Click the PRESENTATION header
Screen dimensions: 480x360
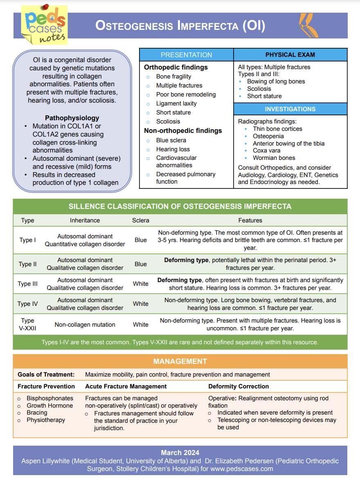click(186, 55)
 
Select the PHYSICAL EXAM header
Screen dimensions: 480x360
click(290, 55)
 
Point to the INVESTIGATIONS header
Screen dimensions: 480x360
click(290, 109)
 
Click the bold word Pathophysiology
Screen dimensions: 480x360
click(72, 118)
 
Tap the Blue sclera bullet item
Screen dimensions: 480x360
click(171, 140)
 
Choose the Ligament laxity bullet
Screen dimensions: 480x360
click(176, 103)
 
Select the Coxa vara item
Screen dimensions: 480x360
click(266, 150)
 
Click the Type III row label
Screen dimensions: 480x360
click(27, 284)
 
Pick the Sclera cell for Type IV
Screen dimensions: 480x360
click(140, 304)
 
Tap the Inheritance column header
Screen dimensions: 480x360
click(85, 220)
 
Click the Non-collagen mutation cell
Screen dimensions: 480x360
click(85, 325)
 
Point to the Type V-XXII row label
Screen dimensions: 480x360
click(27, 324)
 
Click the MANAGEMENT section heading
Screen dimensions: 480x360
click(180, 361)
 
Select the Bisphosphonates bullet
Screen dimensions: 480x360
click(50, 398)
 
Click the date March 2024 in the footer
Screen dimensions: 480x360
click(180, 453)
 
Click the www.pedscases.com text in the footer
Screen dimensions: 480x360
click(241, 469)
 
